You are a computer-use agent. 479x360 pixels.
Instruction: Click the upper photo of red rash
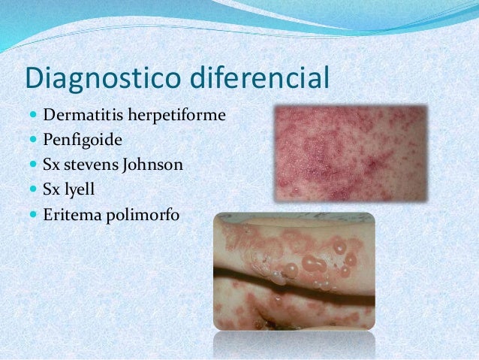[x=351, y=153]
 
